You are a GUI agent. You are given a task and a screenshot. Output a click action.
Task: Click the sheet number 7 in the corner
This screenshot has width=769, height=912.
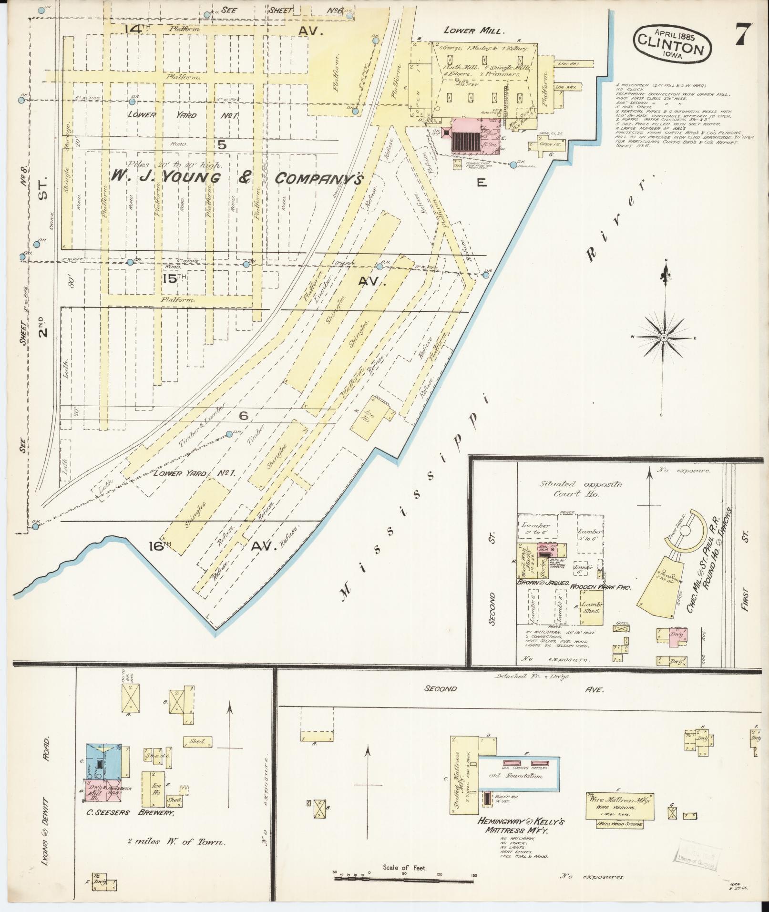(x=743, y=34)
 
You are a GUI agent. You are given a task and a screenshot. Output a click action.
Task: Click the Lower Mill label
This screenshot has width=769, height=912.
(x=473, y=31)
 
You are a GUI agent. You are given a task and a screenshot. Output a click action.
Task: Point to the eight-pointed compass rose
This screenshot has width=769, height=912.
(x=663, y=337)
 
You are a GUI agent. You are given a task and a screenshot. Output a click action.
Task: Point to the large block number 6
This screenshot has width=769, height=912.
(x=244, y=416)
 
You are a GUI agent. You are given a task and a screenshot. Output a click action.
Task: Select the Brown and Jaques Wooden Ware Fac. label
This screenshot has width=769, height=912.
(x=574, y=588)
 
